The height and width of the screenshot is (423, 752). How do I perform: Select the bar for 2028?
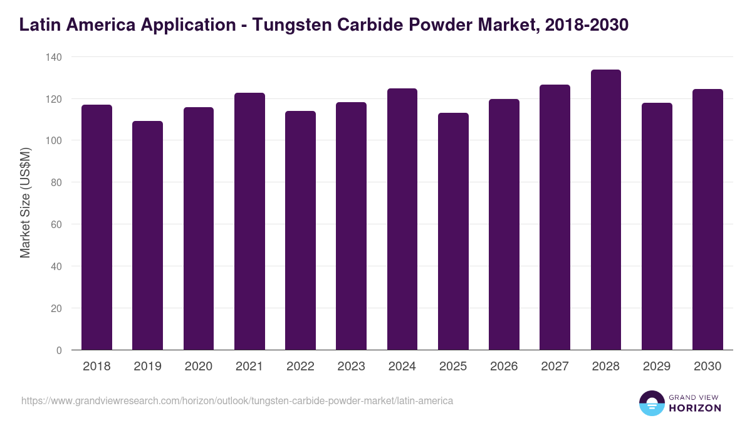[605, 210]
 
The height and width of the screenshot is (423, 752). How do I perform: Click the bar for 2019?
[147, 236]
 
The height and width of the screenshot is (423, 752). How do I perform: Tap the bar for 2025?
[453, 231]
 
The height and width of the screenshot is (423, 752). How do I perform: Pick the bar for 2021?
[249, 221]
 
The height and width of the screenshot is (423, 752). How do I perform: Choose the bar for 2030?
[708, 219]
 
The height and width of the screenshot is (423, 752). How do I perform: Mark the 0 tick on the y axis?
[59, 350]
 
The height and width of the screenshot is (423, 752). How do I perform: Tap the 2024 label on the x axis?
[402, 367]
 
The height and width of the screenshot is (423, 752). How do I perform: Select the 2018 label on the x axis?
[97, 367]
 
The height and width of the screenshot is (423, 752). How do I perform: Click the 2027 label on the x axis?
[555, 367]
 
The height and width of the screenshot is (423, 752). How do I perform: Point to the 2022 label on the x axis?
[300, 367]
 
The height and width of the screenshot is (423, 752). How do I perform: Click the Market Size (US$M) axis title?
[25, 202]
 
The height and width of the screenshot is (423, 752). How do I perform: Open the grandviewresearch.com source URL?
[237, 400]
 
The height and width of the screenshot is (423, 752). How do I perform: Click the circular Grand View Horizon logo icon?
[651, 403]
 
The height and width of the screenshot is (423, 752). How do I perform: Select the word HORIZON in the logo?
[694, 408]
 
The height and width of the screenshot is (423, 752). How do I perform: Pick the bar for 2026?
[504, 224]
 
